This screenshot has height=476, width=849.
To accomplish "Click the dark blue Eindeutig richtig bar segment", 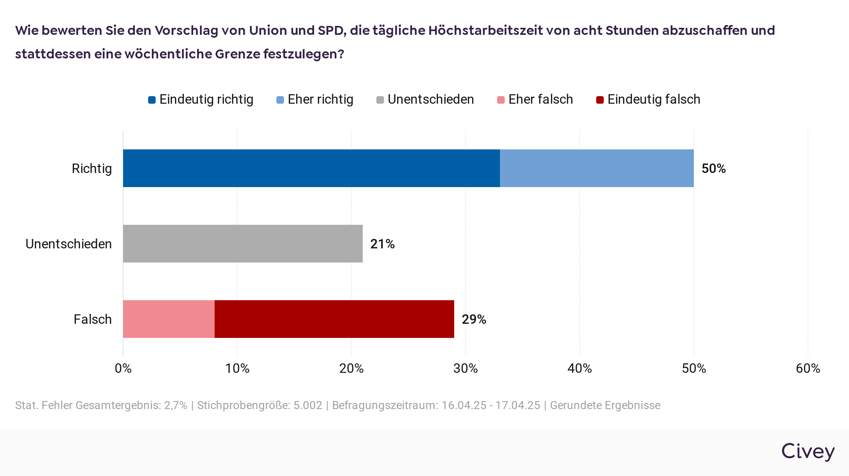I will [x=311, y=168].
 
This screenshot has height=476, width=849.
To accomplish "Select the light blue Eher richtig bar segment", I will [x=597, y=168].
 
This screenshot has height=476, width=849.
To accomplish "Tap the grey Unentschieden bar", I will [x=243, y=244].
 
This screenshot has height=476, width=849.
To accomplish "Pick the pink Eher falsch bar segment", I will [x=169, y=319].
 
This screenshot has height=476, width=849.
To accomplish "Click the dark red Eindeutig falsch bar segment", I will [x=334, y=319].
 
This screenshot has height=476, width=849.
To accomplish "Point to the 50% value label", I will [x=713, y=169].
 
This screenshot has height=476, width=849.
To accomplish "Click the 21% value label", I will [x=382, y=244].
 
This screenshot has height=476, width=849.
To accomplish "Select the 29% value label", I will [x=474, y=320].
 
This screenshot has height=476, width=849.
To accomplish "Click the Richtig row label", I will [x=92, y=169].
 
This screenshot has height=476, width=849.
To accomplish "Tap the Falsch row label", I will [x=93, y=320].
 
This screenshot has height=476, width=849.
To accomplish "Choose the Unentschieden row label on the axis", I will [x=69, y=244].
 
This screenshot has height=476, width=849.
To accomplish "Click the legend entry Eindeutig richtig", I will [x=201, y=99].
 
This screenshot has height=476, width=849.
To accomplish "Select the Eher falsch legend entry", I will [x=535, y=99].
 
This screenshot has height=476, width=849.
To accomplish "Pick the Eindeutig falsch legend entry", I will [x=649, y=99].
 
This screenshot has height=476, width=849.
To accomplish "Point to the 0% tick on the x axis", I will [x=123, y=369].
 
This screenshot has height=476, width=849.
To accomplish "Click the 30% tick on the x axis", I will [x=466, y=369].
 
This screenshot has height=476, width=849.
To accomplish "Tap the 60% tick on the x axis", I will [x=808, y=369].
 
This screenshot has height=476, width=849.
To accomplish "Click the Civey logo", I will [x=808, y=451].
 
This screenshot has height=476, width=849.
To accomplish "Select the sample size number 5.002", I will [x=308, y=405].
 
